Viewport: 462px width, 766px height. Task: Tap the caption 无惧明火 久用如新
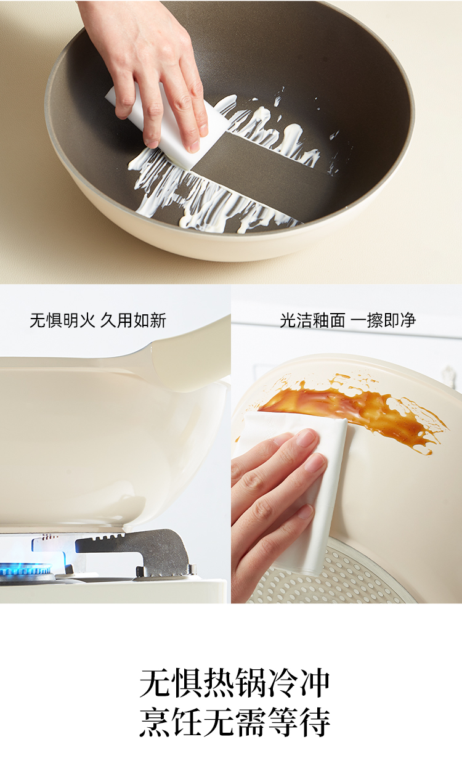click(x=98, y=320)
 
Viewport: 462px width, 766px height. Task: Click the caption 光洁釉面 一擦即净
click(x=347, y=320)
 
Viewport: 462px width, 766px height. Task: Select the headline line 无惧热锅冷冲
click(x=235, y=683)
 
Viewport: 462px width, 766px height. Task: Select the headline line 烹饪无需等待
click(x=235, y=722)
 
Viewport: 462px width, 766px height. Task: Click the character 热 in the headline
click(x=219, y=683)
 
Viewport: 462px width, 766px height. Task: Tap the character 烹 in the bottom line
click(x=155, y=722)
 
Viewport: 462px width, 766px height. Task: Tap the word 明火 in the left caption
click(x=79, y=320)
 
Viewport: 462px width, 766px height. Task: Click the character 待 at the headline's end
click(x=315, y=722)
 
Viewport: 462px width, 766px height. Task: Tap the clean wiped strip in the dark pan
click(x=260, y=178)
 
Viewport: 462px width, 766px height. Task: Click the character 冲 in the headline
click(x=315, y=683)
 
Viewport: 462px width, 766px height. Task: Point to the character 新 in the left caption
click(x=158, y=320)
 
